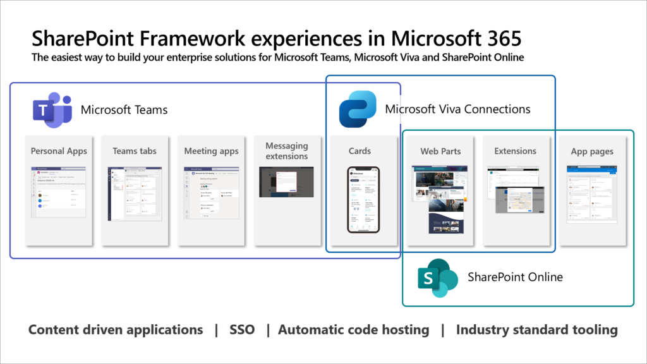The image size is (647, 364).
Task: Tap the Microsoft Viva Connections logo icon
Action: (x=358, y=109)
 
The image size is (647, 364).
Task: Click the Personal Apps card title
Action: (x=59, y=151)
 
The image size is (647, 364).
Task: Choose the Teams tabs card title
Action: (x=135, y=151)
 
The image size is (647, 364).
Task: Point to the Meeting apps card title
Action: (x=211, y=151)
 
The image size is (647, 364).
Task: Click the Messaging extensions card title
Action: (x=287, y=151)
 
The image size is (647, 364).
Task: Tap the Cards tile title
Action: (x=360, y=151)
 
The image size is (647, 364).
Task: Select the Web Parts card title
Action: (x=440, y=151)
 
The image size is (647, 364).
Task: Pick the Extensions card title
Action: (x=515, y=151)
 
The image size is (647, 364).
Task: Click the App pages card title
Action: (x=592, y=152)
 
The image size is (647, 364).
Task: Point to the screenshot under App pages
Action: (x=592, y=195)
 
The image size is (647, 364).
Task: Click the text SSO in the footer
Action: (x=242, y=330)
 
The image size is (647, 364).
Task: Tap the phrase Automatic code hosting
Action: (x=353, y=330)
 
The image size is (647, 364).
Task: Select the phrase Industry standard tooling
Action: (x=536, y=330)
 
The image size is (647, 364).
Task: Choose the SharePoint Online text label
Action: (x=515, y=277)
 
